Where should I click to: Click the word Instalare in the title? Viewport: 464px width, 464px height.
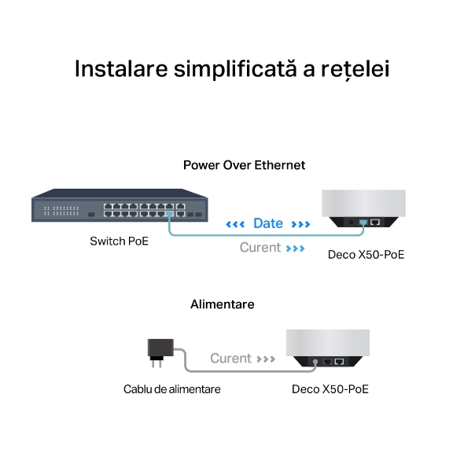(x=121, y=68)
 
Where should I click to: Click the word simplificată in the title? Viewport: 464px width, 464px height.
(x=235, y=69)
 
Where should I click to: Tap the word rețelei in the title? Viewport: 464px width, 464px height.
(x=355, y=70)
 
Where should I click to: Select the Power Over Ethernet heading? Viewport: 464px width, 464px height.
(x=244, y=165)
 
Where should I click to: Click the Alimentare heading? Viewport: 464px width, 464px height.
(x=223, y=304)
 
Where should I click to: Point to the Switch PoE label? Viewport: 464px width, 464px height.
(x=119, y=241)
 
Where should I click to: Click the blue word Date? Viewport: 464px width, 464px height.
(x=268, y=223)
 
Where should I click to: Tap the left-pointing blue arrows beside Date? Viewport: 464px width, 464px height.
(x=235, y=224)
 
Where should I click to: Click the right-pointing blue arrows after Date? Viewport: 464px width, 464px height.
(x=300, y=224)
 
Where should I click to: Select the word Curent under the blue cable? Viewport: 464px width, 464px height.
(x=260, y=248)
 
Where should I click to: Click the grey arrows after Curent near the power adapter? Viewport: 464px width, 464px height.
(x=266, y=359)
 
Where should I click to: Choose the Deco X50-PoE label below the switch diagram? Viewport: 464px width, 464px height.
(x=366, y=255)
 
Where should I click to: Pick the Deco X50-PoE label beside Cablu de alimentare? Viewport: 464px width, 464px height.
(x=330, y=389)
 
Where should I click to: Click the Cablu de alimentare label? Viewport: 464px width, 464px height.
(x=172, y=389)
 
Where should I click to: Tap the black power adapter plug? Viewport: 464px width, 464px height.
(x=160, y=352)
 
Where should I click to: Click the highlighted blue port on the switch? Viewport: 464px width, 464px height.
(x=170, y=214)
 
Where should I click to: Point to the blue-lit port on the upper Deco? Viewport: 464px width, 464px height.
(x=363, y=222)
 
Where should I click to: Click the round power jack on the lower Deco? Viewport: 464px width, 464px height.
(x=315, y=362)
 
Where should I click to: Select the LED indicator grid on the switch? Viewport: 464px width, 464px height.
(x=61, y=211)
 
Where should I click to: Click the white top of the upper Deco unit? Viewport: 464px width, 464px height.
(x=363, y=204)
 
